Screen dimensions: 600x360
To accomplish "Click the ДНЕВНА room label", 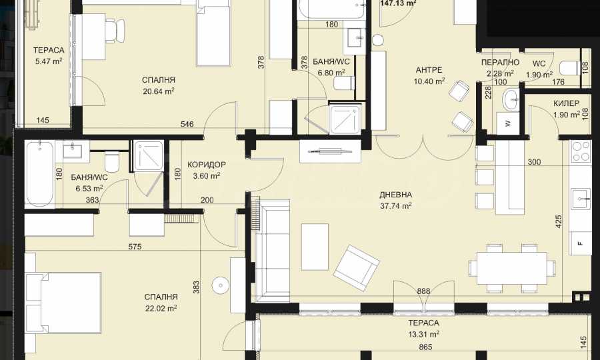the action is tap(395, 195).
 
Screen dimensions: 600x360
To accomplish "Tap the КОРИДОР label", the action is tap(207, 165).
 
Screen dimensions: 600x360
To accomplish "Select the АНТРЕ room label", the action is tap(429, 70).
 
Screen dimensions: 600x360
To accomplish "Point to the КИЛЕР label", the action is tap(566, 103).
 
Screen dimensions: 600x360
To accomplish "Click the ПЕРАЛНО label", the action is tap(500, 63).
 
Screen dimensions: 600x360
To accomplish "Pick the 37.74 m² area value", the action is tap(395, 206).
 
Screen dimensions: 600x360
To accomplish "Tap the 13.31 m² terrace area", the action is tap(423, 335).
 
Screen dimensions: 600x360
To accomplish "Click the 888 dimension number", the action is tap(423, 291).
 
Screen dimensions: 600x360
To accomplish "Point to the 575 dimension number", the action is tap(135, 247).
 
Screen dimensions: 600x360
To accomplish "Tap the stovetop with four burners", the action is tap(581, 151).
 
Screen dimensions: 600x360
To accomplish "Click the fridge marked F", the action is tap(581, 243).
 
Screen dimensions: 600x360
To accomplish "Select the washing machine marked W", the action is tap(508, 123).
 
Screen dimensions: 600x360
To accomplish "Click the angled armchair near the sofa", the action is tap(357, 268).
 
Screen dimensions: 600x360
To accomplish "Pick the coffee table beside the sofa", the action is tap(315, 247).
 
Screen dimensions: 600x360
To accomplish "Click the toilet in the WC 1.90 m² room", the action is tap(569, 68).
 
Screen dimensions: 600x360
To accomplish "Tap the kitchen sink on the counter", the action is tap(581, 199).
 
